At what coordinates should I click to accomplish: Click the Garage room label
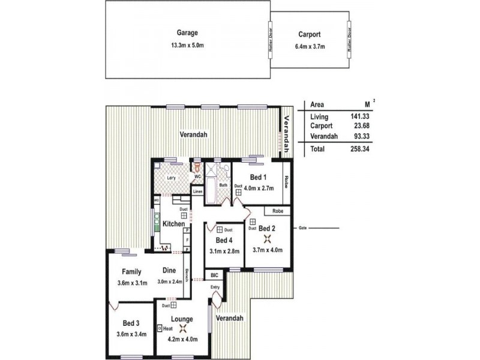(187, 33)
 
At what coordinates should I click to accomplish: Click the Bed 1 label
(259, 178)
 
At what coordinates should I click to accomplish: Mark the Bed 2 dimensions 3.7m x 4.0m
(267, 250)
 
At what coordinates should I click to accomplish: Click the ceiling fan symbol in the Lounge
(182, 328)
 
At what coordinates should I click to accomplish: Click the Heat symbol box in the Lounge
(160, 329)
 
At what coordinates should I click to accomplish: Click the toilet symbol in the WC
(197, 167)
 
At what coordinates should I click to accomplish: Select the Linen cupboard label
(197, 191)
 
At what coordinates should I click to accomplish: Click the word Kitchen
(174, 224)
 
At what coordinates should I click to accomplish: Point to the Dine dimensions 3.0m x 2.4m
(170, 282)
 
